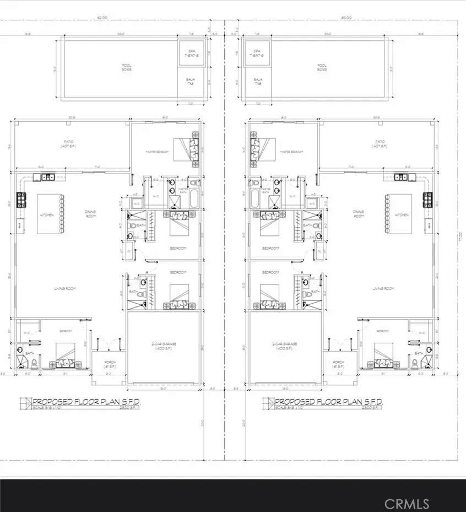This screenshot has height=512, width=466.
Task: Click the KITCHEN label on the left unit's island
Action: click(46, 214)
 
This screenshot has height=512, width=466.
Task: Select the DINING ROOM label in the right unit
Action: click(359, 214)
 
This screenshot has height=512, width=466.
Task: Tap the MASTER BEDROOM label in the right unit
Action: click(291, 152)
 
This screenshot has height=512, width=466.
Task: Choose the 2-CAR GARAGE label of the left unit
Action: click(164, 346)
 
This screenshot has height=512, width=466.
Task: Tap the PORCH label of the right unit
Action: click(338, 364)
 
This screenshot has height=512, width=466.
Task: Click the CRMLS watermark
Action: click(407, 503)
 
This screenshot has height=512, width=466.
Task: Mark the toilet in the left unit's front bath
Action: click(35, 362)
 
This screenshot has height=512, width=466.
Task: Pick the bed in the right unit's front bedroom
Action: click(383, 355)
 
